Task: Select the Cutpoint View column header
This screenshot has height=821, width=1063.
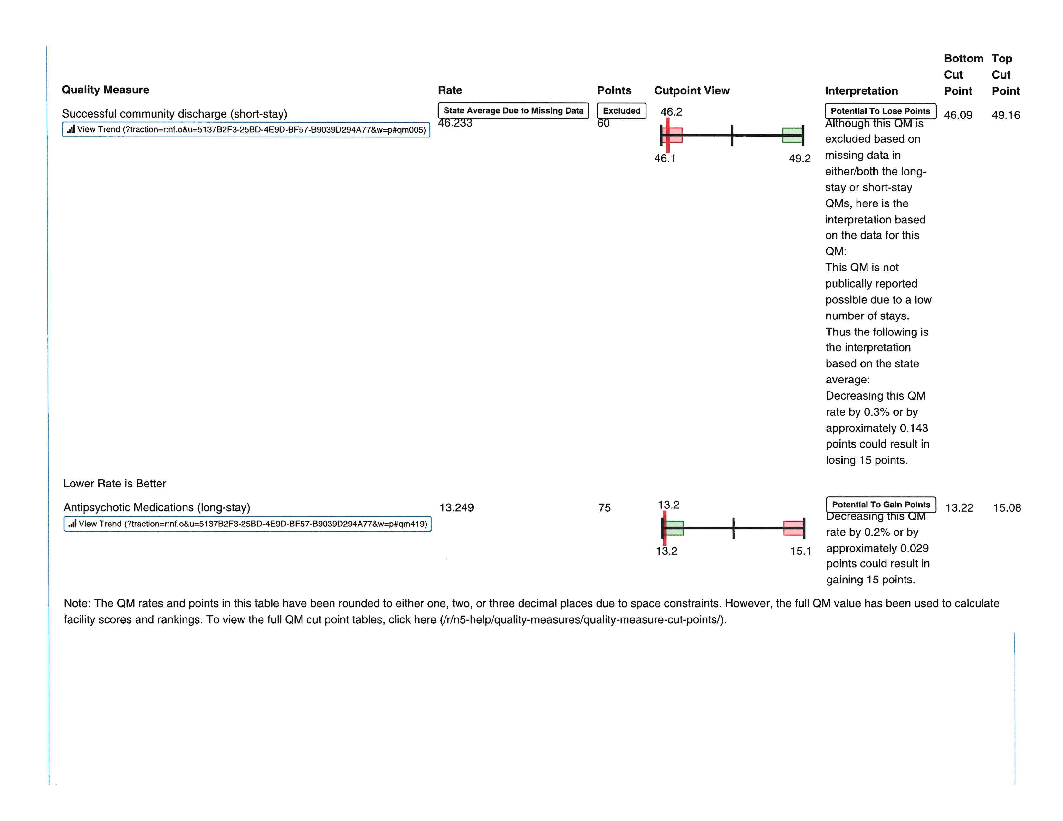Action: [691, 90]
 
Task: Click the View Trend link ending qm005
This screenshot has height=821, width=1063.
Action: [246, 130]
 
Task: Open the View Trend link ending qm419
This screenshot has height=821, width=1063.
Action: [247, 524]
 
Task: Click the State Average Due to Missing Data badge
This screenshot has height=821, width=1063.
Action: [513, 111]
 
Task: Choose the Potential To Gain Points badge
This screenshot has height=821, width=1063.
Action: [880, 505]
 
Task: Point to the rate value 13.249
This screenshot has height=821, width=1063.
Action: [456, 508]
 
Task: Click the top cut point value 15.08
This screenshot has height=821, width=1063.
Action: [1007, 508]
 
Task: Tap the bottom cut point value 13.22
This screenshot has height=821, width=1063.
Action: [959, 508]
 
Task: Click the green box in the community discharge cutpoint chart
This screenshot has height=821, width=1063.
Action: [792, 135]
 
